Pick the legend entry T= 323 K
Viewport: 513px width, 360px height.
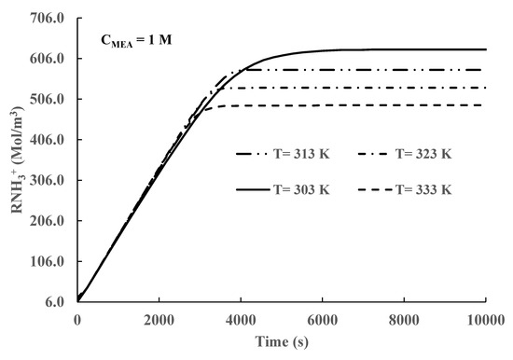click(422, 154)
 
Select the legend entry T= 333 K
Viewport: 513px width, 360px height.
click(422, 189)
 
